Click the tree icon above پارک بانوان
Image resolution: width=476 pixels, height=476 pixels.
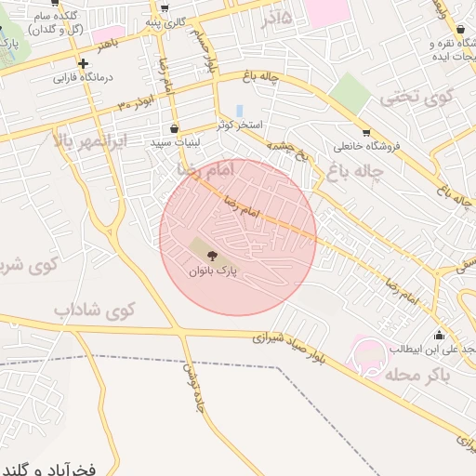(x=213, y=253)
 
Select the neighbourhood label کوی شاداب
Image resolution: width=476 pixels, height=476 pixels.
(x=94, y=309)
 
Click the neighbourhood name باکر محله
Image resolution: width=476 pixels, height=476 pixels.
(x=416, y=374)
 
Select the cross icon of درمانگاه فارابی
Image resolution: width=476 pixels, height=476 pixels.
(x=84, y=64)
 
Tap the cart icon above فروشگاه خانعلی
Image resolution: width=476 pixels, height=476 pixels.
(x=365, y=132)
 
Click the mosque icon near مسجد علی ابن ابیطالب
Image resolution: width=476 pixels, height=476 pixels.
(x=439, y=335)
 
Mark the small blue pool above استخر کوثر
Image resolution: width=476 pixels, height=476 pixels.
(x=239, y=111)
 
